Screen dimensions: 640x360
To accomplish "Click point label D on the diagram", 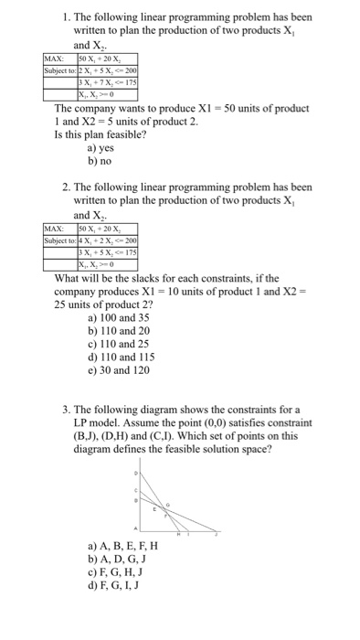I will pos(138,475).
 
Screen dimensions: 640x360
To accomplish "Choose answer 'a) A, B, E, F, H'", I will pos(123,546).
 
